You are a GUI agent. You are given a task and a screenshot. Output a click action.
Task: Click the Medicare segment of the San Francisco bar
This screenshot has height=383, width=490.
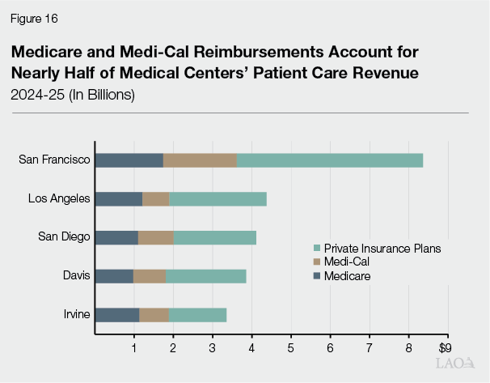point(129,160)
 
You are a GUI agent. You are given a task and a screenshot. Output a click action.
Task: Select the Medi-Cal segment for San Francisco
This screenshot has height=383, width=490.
point(200,160)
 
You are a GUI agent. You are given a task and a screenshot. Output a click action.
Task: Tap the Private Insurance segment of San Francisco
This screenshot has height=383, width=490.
point(330,160)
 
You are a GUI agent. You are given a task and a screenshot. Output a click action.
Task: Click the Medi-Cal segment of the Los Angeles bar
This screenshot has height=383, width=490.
point(156,199)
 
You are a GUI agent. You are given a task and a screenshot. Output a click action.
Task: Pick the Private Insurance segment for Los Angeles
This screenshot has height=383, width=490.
point(218,199)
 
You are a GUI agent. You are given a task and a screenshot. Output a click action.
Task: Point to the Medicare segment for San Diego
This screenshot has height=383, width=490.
point(116,237)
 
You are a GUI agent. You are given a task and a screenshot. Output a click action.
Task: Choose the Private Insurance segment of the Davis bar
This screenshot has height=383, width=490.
point(206,276)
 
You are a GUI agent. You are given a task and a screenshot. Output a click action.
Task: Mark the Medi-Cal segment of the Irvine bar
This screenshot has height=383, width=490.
point(154,315)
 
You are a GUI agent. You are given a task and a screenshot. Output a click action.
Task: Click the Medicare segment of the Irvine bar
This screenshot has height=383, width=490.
point(117,315)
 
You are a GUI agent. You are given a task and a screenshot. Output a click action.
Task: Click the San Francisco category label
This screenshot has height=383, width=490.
point(54,160)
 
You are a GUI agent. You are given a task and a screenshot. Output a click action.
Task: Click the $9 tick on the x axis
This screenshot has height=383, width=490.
point(444,347)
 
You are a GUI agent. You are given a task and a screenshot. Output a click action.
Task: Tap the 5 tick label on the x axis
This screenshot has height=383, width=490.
point(291,348)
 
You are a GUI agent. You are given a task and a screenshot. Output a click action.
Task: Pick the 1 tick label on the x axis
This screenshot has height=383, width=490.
point(134,348)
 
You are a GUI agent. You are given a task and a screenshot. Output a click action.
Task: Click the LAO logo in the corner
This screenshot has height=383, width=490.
point(454,364)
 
